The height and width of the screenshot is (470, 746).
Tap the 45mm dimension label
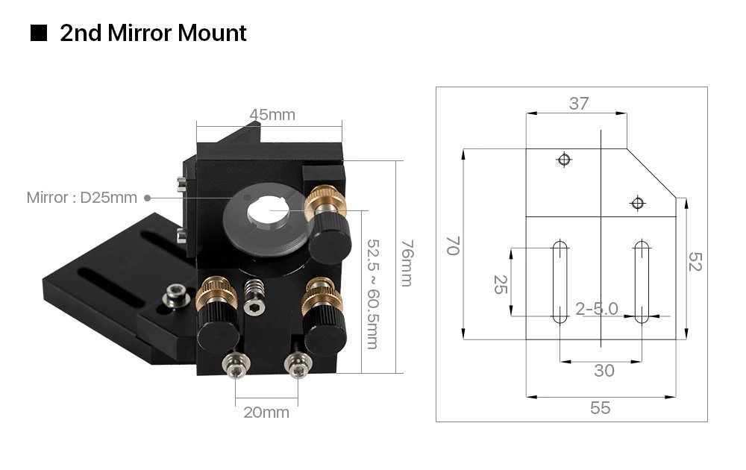coord(272,115)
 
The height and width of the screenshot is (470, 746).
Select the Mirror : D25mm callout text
coord(82,198)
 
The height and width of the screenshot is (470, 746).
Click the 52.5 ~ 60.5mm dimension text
coord(371,293)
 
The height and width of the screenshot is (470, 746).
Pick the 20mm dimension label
coord(266,412)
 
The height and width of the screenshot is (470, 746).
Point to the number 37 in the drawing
coord(579,104)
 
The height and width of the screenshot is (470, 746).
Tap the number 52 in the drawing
coord(695,262)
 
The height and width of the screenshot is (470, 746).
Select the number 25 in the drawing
coord(499,284)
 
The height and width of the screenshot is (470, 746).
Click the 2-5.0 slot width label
coord(597,308)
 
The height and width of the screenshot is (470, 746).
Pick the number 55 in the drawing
coord(601,408)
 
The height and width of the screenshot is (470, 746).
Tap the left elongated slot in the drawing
coord(559,281)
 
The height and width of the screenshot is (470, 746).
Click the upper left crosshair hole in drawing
coord(564,159)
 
